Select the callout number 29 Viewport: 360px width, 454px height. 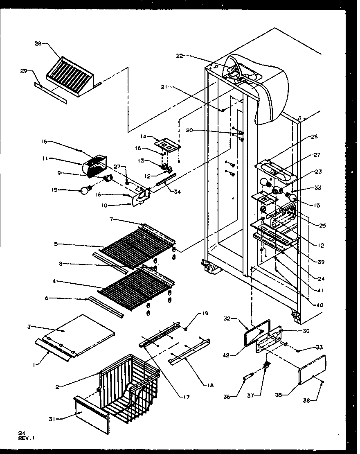(23, 71)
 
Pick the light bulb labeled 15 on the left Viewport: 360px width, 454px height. (86, 190)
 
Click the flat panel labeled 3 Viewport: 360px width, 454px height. (82, 332)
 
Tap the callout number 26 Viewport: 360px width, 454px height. (314, 137)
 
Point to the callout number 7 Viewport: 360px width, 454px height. (112, 220)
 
